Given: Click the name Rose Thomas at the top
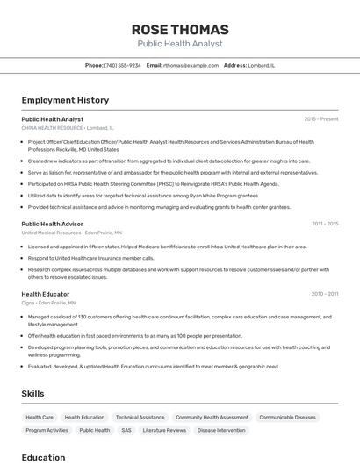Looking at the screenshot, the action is tap(180, 30).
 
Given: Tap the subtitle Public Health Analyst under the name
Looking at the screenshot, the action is tap(180, 44).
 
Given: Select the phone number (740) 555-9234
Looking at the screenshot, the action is tap(123, 65).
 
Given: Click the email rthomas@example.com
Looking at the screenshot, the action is tap(191, 65).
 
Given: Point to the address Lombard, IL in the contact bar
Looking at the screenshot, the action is tap(261, 65).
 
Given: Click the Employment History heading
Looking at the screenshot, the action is tap(65, 100).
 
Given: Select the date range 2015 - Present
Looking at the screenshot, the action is tap(320, 119).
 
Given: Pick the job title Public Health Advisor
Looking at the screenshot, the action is tap(54, 224).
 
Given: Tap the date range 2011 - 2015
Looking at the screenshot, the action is tap(324, 224).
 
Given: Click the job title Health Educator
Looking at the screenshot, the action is tap(46, 294).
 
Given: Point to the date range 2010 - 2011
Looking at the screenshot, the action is tap(324, 294).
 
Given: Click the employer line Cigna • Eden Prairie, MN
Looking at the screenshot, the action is tap(48, 303).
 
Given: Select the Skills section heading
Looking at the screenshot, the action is tap(32, 394).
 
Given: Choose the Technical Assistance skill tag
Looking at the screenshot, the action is tap(140, 418).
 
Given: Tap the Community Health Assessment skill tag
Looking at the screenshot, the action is tap(212, 418).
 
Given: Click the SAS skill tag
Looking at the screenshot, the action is tap(126, 431).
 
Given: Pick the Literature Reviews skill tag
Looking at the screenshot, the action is tap(164, 431).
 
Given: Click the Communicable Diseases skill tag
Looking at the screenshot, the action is tap(287, 418).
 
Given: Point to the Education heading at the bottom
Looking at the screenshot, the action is tap(43, 457).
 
